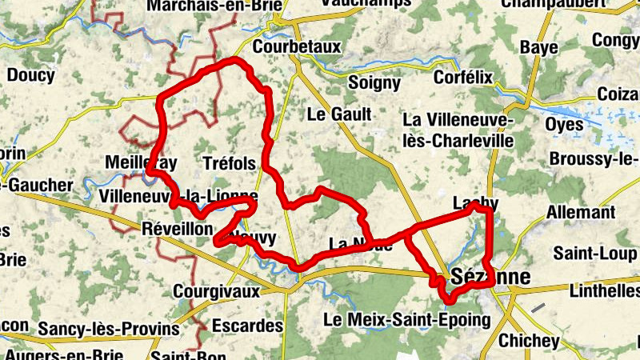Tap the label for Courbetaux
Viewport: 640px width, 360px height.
[x=297, y=48]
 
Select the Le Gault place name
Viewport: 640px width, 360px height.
[x=339, y=114]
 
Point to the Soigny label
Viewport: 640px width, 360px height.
[x=374, y=82]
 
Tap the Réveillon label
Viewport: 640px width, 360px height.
[x=177, y=228]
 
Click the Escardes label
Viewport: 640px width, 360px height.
[x=249, y=326]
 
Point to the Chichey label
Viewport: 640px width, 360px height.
[x=529, y=341]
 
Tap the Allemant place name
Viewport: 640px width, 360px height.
[x=581, y=213]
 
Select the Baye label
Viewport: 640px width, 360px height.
[x=538, y=48]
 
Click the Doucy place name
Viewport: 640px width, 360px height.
[x=30, y=77]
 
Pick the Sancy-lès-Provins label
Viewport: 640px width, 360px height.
[x=109, y=329]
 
